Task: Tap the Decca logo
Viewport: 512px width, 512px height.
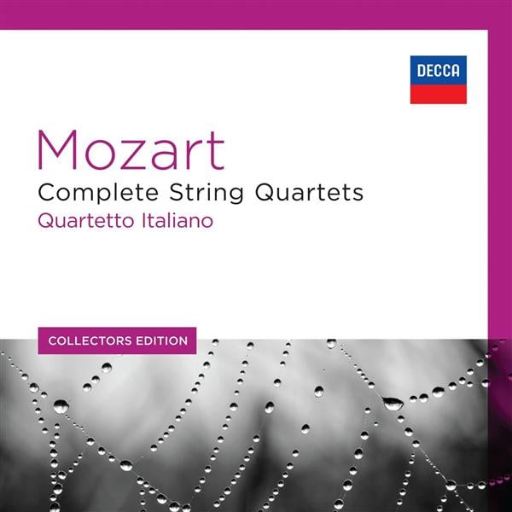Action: (438, 79)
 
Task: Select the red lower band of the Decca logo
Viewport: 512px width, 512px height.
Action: (438, 94)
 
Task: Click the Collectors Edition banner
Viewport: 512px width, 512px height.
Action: (118, 340)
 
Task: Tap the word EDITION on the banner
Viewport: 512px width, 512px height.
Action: (160, 340)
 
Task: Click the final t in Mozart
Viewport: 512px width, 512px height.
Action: (217, 150)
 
